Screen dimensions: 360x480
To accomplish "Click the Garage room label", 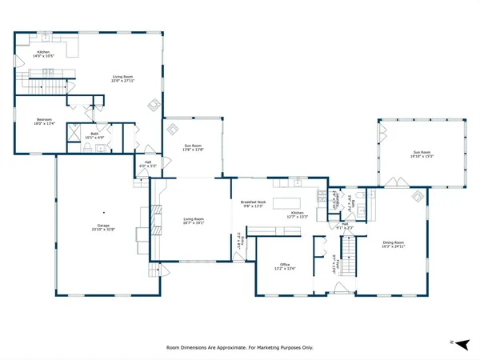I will coord(102,226).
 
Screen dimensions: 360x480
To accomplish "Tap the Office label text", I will coord(283,264).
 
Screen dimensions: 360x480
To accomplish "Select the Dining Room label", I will coord(392,242).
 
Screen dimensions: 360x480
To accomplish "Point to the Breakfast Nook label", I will coord(253,202).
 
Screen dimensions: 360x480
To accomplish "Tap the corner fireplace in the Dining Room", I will coord(417,196).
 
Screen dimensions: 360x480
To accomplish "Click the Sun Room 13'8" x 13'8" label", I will coord(193,146).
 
